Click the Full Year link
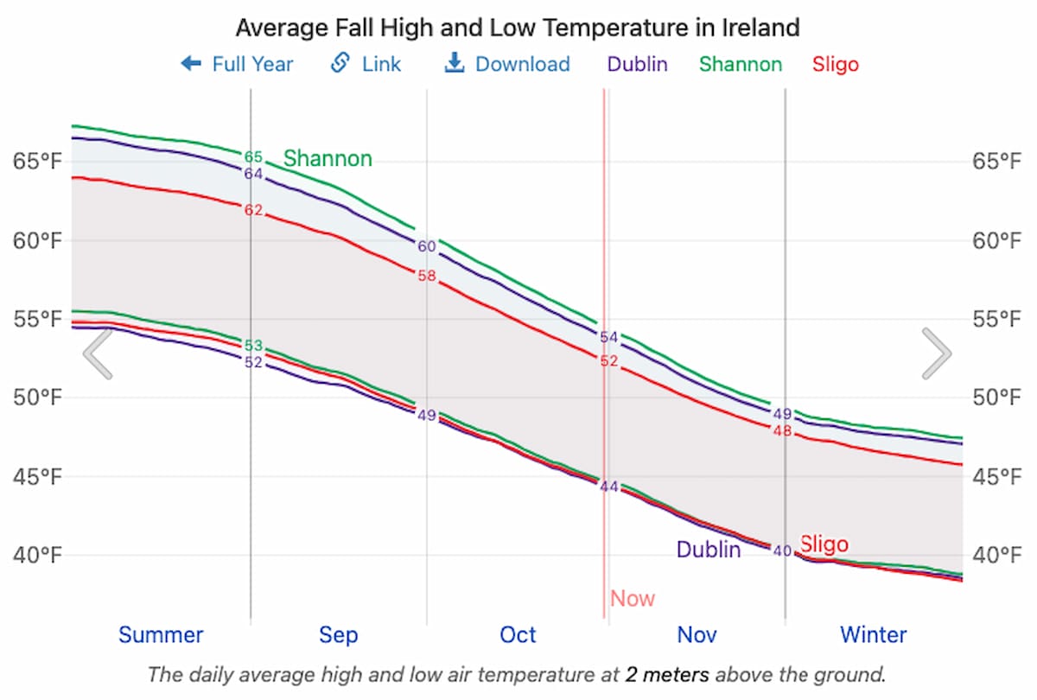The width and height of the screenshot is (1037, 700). pos(238,64)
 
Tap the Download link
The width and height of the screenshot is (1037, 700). pos(507,64)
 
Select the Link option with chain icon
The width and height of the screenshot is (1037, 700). pos(366,64)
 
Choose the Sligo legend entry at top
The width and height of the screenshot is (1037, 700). pos(836,64)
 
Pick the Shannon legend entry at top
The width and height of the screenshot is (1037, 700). pos(741,64)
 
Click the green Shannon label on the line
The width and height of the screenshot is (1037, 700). pos(328,159)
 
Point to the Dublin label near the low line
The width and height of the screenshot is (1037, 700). pos(708,550)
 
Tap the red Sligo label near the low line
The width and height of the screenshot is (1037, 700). pos(824,544)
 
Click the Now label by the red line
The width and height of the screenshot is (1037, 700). pos(633,599)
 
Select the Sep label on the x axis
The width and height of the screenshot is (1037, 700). pos(338,635)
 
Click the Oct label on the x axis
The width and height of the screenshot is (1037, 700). pos(518,635)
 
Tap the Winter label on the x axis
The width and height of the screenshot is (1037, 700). pos(874,635)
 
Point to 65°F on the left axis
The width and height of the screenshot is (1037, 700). pos(37,162)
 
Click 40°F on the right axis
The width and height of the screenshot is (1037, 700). pos(998,555)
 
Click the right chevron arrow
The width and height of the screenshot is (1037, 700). pos(937,353)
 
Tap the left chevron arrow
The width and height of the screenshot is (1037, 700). pos(98,353)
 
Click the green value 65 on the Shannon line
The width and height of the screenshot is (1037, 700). pos(253,157)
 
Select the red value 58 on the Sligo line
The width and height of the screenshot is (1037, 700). pos(427,277)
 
